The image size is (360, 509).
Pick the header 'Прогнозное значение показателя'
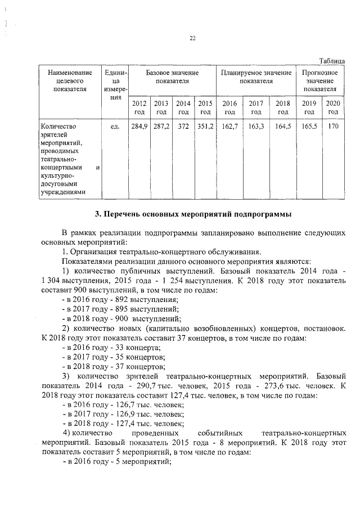tap(319, 81)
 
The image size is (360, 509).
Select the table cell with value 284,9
tap(138, 127)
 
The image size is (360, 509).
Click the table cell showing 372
tap(183, 127)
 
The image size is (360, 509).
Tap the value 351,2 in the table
tap(205, 127)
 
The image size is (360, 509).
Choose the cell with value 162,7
tap(229, 127)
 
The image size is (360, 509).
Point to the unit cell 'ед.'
tap(115, 127)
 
